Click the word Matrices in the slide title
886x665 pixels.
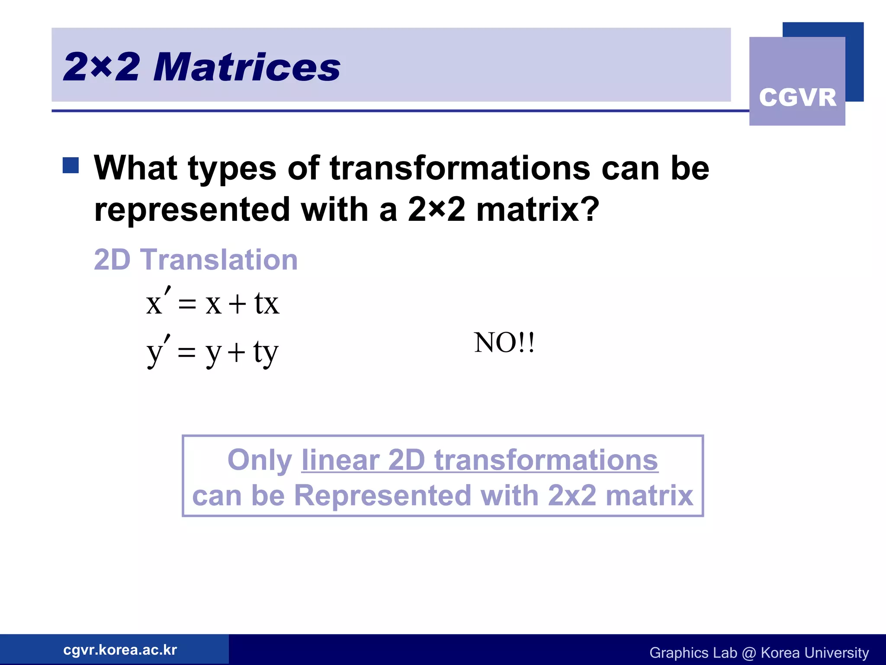click(247, 68)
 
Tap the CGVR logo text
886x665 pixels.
click(797, 97)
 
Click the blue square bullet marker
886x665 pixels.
click(71, 165)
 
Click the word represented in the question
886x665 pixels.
click(192, 210)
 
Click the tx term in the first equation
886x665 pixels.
click(266, 303)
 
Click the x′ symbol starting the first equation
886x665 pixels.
click(158, 302)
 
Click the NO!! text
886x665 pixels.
click(504, 342)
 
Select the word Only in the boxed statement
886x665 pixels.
click(260, 460)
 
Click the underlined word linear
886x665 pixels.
click(340, 460)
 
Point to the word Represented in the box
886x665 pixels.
click(382, 495)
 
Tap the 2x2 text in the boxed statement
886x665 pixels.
click(572, 495)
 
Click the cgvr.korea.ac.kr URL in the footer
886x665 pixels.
click(120, 650)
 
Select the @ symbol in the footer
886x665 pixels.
click(748, 653)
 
